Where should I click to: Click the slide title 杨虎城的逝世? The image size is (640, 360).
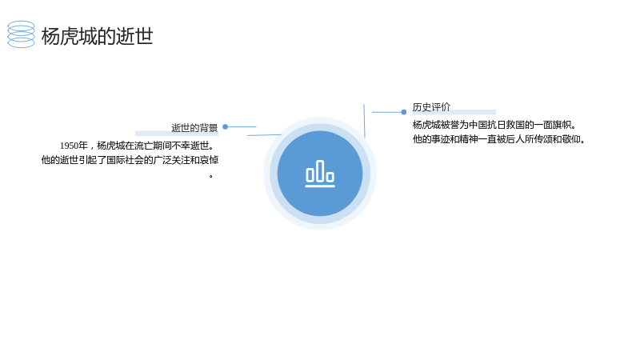coord(97,36)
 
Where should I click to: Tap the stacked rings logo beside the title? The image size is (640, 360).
coord(22,34)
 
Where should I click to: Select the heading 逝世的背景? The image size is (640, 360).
coord(194,128)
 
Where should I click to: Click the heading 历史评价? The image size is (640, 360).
coord(431,107)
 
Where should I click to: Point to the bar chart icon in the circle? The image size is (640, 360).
coord(320,174)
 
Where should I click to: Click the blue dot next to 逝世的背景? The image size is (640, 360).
coord(226,127)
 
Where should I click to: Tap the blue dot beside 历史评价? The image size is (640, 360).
coord(404,112)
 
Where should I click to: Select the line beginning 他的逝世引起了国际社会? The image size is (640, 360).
coord(130,160)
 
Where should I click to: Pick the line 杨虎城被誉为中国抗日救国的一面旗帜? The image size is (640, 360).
coord(494,125)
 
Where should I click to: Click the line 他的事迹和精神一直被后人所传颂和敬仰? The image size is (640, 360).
coord(498,139)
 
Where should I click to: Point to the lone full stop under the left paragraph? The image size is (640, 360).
coord(211,176)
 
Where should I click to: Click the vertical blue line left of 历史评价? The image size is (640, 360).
coord(364,121)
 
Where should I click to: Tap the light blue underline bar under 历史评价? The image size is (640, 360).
coord(454,112)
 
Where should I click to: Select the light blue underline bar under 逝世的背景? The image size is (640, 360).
coord(177,133)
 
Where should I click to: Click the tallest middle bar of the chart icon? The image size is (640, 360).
coord(320,170)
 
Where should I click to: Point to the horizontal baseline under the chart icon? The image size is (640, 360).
coord(320,186)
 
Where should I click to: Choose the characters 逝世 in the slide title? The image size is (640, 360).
coord(134,36)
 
